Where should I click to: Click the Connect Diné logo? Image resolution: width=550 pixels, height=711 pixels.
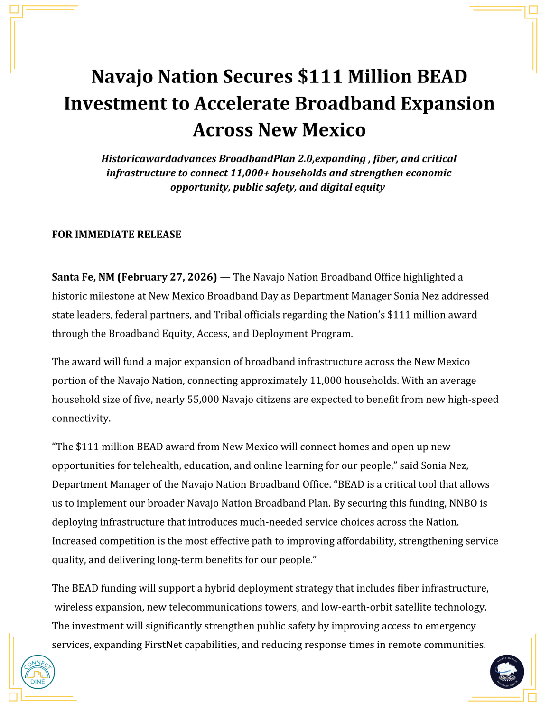tap(38, 672)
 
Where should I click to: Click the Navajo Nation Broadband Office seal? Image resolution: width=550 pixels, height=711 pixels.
tap(507, 672)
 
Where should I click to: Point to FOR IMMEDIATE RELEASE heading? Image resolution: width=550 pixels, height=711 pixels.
tap(116, 235)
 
